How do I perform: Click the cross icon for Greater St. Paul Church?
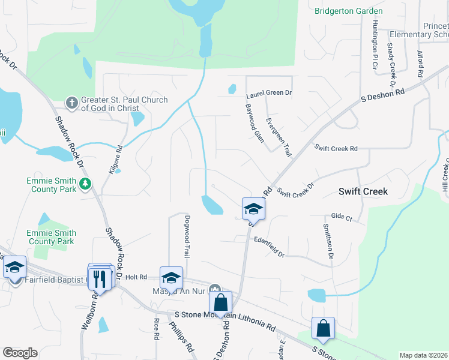(x=71, y=103)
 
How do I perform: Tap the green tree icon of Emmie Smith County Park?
(x=86, y=183)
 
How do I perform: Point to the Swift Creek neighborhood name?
(x=362, y=191)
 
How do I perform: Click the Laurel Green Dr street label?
(x=268, y=94)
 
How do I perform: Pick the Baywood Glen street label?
(x=254, y=122)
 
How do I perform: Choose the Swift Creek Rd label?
(x=336, y=148)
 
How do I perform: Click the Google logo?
(x=20, y=352)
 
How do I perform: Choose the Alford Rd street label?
(x=420, y=64)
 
